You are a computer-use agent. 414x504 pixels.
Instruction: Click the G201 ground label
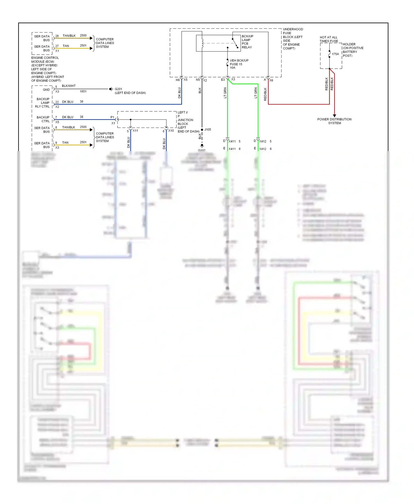[118, 89]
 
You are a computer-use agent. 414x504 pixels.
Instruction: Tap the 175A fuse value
[335, 54]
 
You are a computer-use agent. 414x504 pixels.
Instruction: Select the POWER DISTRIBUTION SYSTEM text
[334, 121]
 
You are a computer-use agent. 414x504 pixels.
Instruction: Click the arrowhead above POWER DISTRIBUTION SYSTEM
[335, 116]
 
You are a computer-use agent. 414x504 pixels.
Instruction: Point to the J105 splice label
[208, 130]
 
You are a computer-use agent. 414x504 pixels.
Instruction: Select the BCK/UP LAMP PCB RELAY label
[247, 42]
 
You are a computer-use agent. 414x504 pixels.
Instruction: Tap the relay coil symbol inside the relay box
[202, 43]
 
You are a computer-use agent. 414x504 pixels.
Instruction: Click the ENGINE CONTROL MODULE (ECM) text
[45, 60]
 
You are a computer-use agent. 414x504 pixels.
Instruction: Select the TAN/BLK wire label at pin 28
[69, 36]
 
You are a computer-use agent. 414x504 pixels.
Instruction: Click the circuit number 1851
[83, 92]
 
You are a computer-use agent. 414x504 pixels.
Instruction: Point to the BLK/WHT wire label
[68, 86]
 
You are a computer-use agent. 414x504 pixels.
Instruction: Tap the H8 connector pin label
[177, 80]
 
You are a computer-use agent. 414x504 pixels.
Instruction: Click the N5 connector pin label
[198, 80]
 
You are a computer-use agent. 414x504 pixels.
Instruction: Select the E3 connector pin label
[223, 80]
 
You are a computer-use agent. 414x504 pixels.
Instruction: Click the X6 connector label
[271, 80]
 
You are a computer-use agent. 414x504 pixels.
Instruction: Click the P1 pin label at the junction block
[112, 117]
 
